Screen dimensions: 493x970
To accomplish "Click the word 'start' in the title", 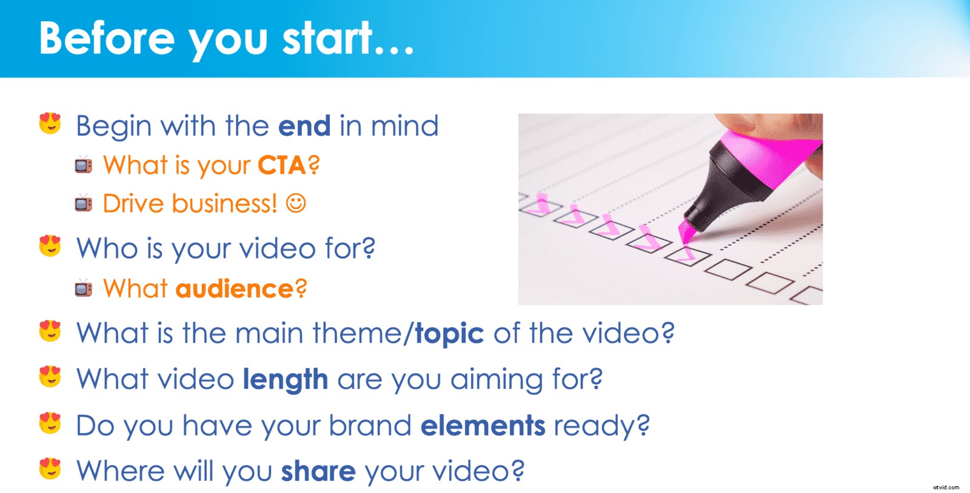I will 328,38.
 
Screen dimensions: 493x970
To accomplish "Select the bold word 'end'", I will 304,126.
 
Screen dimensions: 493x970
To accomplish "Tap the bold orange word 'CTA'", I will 282,165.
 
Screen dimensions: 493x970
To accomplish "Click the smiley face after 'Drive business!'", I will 296,203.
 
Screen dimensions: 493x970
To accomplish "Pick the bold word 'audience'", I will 235,289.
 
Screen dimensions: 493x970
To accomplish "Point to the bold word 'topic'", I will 449,334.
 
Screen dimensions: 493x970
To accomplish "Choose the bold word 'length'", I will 286,380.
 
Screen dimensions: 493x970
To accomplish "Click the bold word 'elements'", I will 483,426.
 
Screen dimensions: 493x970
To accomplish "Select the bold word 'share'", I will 318,471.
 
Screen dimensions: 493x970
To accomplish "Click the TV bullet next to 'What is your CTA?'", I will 84,165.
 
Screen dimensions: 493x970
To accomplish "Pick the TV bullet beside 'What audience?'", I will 84,288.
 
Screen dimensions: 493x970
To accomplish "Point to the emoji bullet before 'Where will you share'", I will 50,469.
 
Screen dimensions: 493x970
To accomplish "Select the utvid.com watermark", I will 946,487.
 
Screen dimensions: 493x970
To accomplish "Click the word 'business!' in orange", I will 224,203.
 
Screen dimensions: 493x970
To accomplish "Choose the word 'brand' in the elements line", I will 370,426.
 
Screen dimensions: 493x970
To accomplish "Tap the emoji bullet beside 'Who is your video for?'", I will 50,246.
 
